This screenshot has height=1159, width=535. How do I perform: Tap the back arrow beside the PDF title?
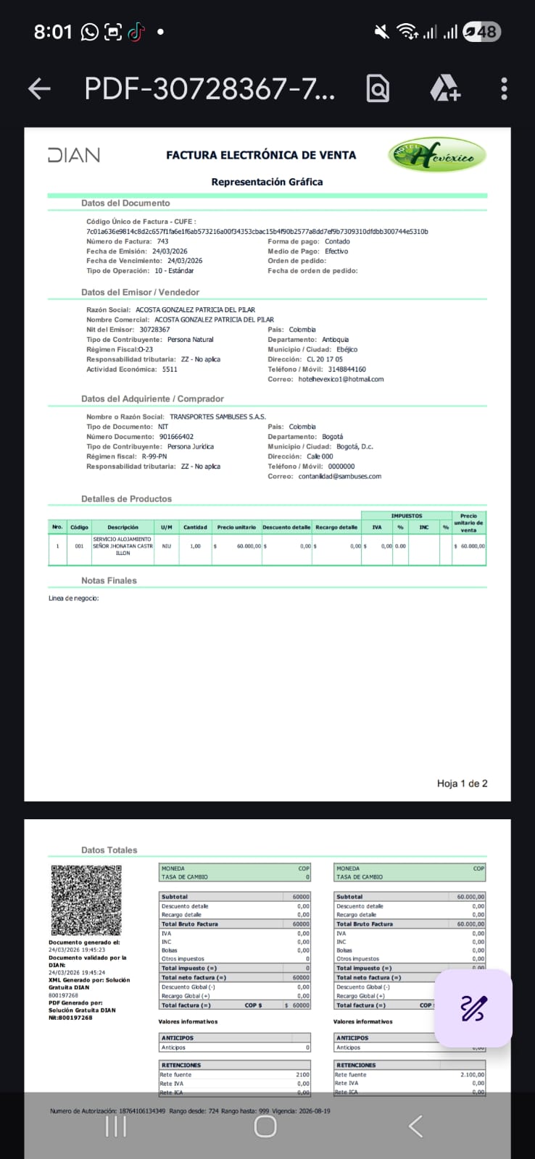click(x=39, y=88)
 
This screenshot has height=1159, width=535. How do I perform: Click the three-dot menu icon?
click(x=504, y=88)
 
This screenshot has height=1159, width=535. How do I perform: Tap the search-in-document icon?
click(x=378, y=88)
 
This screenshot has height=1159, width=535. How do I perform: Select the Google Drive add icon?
click(x=444, y=88)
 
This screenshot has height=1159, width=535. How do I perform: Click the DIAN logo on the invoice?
click(x=73, y=155)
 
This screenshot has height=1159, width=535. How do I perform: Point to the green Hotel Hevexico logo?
click(x=436, y=154)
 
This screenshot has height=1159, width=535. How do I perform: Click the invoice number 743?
click(x=162, y=241)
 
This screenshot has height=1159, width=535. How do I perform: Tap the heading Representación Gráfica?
click(x=267, y=182)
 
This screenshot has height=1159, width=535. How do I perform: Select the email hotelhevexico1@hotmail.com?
click(x=341, y=379)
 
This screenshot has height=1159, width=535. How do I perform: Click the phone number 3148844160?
click(x=347, y=369)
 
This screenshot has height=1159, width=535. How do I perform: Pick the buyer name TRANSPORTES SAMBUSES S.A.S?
click(x=217, y=417)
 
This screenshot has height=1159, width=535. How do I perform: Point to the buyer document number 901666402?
click(x=176, y=437)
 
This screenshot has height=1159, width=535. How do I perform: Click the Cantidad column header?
click(x=195, y=527)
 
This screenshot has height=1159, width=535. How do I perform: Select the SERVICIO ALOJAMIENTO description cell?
click(x=123, y=546)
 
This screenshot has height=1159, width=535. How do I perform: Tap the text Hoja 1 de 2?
click(x=462, y=783)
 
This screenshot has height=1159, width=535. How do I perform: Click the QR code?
click(x=86, y=900)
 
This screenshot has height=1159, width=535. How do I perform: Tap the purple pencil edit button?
click(x=473, y=1008)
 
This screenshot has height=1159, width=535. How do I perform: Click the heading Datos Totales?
click(x=109, y=850)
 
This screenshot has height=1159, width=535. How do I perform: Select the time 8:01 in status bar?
click(x=53, y=32)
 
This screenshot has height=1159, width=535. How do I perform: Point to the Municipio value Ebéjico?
click(x=347, y=349)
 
